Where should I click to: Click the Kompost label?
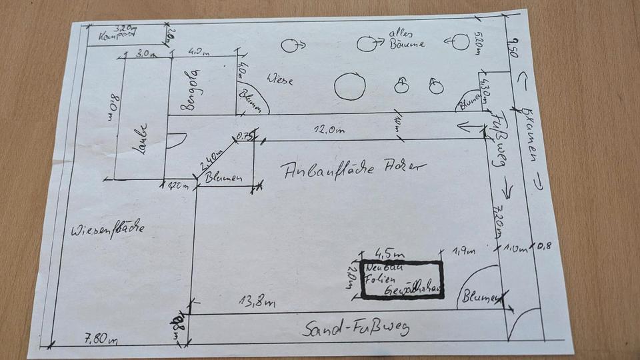pos(113,37)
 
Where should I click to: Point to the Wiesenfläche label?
pos(107,229)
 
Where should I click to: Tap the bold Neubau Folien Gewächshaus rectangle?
pos(403,279)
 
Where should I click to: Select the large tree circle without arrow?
pos(349,86)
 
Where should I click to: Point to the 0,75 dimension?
pos(244,139)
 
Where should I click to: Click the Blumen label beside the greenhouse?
pos(480,298)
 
